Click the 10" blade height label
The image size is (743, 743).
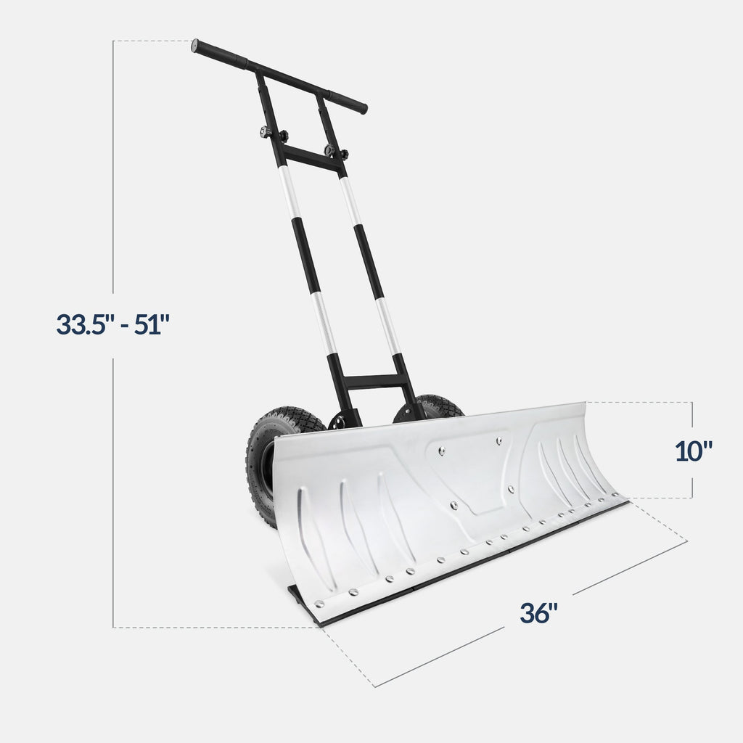pyautogui.click(x=694, y=451)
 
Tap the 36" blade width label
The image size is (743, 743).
pyautogui.click(x=538, y=613)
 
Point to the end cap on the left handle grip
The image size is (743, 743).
pyautogui.click(x=195, y=45)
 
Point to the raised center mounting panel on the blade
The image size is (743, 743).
pyautogui.click(x=472, y=472)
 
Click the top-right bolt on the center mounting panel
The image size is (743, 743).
pyautogui.click(x=499, y=440)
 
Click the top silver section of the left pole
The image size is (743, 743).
pyautogui.click(x=290, y=192)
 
